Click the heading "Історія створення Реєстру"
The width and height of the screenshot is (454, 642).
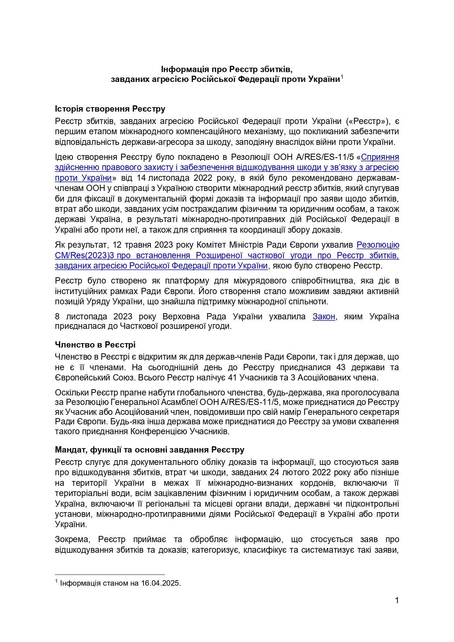pos(110,109)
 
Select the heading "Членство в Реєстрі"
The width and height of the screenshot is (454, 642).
pos(95,345)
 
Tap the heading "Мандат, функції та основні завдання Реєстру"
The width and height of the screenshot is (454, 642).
pos(149,450)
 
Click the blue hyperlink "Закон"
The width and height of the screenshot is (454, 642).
pos(324,316)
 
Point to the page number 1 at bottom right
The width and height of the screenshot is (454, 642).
pos(397,600)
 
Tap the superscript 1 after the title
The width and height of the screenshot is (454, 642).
pos(342,77)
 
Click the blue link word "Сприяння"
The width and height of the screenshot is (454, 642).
pos(380,157)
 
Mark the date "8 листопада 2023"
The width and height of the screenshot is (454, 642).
pos(93,316)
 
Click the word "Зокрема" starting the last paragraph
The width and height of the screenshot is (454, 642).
pos(72,540)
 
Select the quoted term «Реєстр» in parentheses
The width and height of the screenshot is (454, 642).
pos(367,121)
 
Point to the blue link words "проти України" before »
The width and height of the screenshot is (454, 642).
pos(83,178)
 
